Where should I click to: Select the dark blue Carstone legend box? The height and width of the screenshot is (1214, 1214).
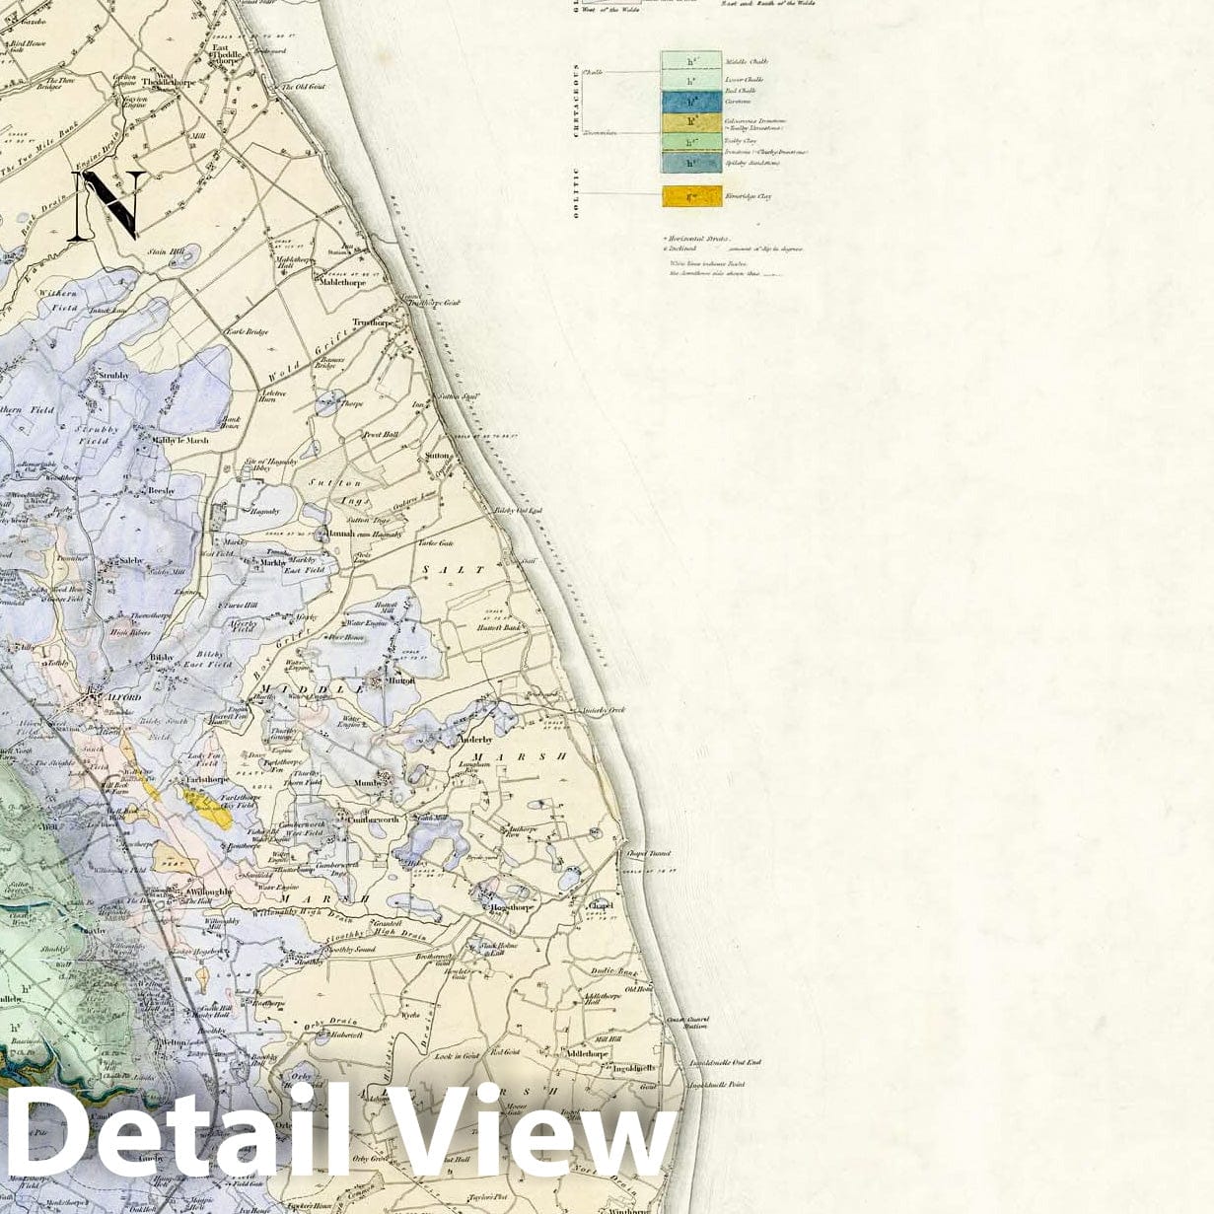pyautogui.click(x=691, y=101)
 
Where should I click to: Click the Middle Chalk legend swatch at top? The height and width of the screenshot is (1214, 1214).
pyautogui.click(x=691, y=61)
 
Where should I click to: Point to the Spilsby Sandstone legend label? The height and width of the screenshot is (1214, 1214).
pyautogui.click(x=752, y=163)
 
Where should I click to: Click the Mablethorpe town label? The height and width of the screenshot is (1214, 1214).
pyautogui.click(x=340, y=283)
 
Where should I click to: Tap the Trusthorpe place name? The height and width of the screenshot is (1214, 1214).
pyautogui.click(x=374, y=322)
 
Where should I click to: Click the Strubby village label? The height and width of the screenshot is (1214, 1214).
pyautogui.click(x=114, y=376)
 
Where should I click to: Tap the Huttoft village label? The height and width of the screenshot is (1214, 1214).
pyautogui.click(x=401, y=680)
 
